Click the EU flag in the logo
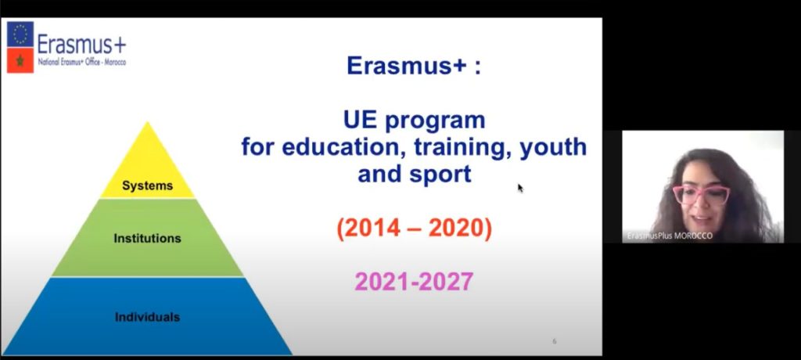coord(20,34)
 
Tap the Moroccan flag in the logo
coord(20,60)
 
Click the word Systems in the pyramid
coord(147,185)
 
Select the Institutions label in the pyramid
coord(147,238)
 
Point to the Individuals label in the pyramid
coord(147,317)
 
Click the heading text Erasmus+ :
coord(414,66)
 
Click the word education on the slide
coord(345,148)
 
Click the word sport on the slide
coord(440,175)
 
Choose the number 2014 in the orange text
coord(375,229)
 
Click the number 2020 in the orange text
coord(455,229)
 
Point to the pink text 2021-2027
coord(414,282)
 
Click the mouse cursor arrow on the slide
coord(520,188)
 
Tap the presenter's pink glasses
coord(701,195)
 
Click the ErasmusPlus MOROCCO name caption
coord(670,236)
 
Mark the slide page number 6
coord(555,341)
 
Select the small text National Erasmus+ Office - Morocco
coord(81,62)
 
